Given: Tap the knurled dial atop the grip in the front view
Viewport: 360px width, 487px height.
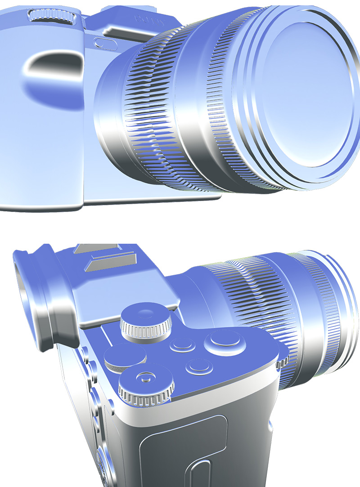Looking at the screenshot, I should tap(51, 17).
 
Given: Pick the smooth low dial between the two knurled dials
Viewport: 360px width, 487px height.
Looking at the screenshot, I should tap(125, 357).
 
